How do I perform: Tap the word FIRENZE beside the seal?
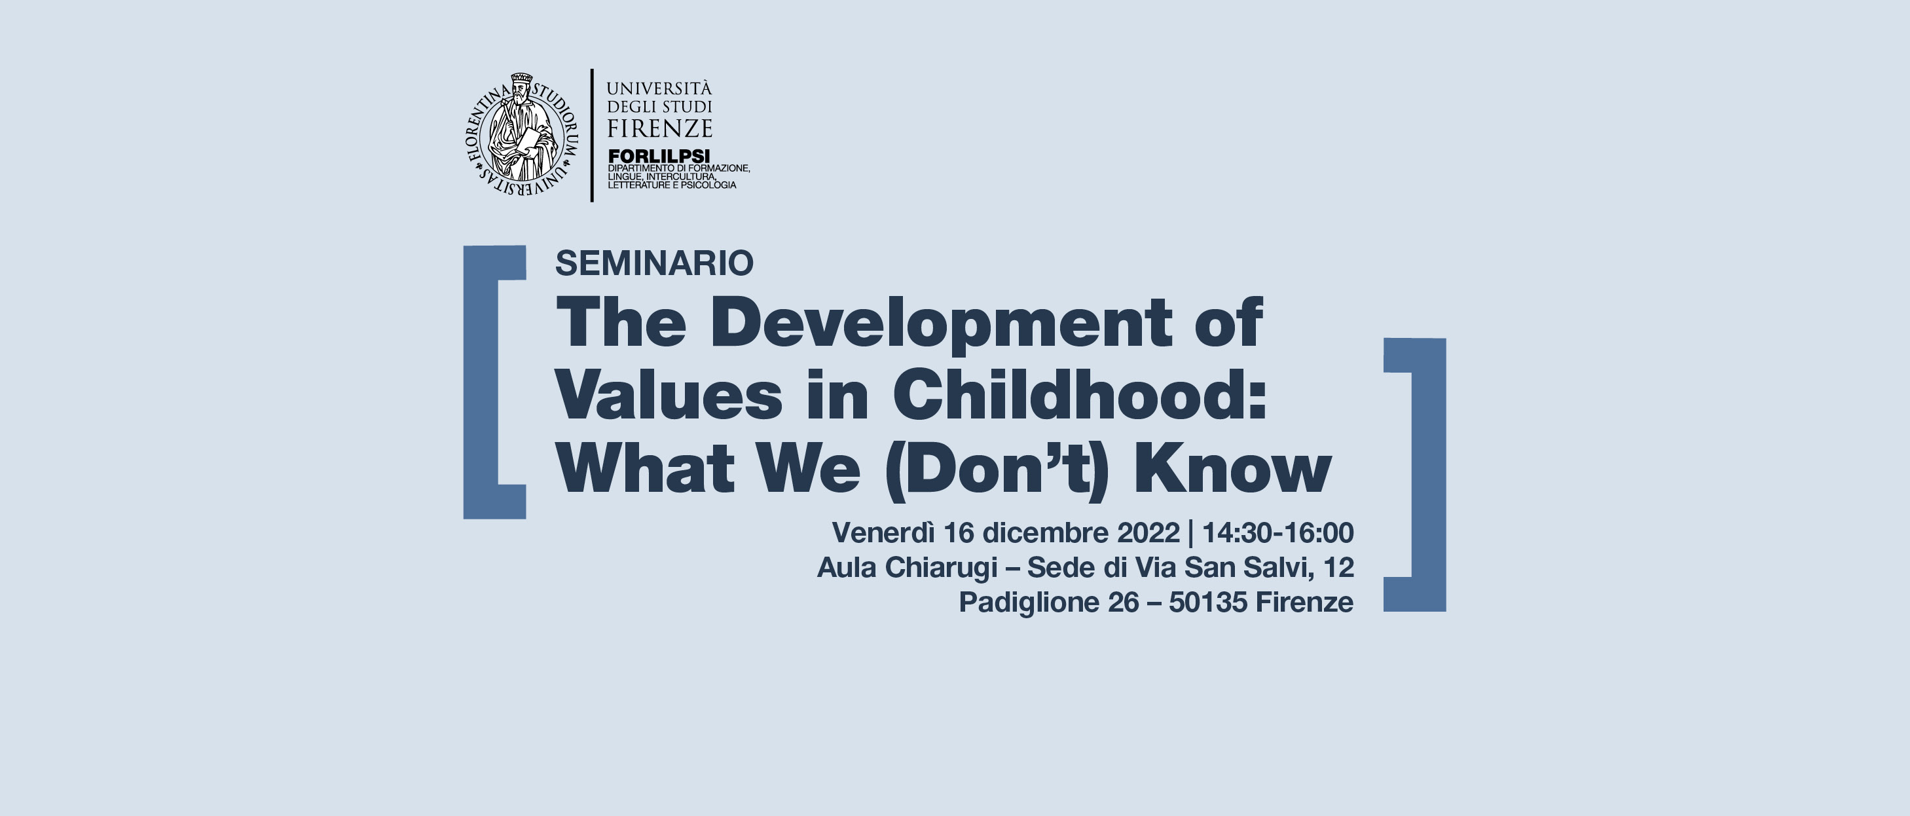pyautogui.click(x=659, y=128)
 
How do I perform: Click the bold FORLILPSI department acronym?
pyautogui.click(x=659, y=156)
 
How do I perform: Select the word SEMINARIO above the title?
pyautogui.click(x=654, y=263)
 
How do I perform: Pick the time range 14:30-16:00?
pyautogui.click(x=1277, y=532)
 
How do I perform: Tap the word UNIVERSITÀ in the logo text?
pyautogui.click(x=659, y=88)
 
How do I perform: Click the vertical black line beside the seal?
pyautogui.click(x=592, y=135)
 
